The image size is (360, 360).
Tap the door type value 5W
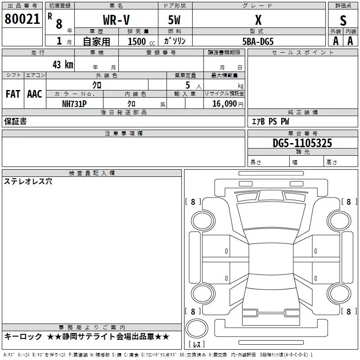175,20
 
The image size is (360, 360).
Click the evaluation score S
343,20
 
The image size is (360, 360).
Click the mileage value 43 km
63,64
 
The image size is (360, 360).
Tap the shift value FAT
13,94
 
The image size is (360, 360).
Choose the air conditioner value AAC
35,94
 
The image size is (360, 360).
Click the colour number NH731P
74,103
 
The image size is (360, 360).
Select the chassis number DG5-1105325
302,143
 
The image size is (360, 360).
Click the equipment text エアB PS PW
270,121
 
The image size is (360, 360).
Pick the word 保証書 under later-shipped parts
15,121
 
